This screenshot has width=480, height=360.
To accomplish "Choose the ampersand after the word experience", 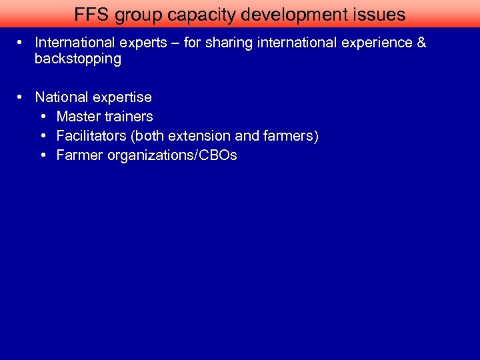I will (x=421, y=43).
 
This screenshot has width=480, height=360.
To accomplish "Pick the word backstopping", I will (x=78, y=59).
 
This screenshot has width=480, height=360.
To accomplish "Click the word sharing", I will (x=229, y=43).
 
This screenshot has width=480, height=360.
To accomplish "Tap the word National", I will (x=63, y=97).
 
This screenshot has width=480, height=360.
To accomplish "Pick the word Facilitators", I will (x=91, y=136).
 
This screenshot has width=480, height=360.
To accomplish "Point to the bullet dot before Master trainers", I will (x=43, y=117).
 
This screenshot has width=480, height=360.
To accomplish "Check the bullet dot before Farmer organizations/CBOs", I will (x=43, y=155).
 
